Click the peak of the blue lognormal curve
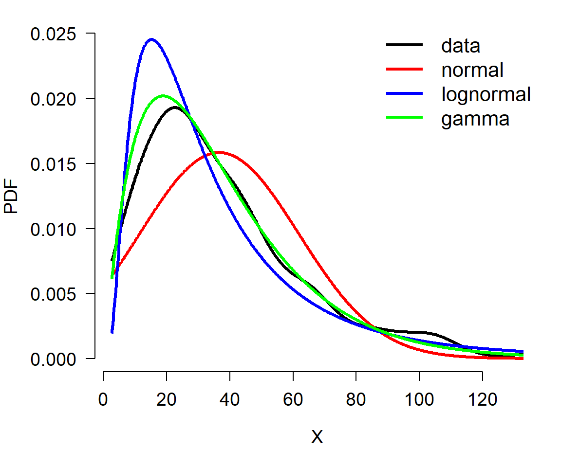[152, 39]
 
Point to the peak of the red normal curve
[220, 153]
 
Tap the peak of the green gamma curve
[164, 96]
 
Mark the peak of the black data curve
[175, 107]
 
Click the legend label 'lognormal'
[486, 95]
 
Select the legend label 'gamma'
[475, 119]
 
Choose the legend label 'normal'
[472, 70]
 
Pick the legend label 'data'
[461, 46]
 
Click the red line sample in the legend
[404, 69]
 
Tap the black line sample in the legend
[404, 45]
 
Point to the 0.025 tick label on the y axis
[53, 35]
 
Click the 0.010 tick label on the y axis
[53, 229]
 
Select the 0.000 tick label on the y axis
[53, 359]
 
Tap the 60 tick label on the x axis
[293, 399]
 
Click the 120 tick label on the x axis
[483, 399]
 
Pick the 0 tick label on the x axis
[103, 399]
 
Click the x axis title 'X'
[317, 437]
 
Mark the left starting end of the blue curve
[112, 332]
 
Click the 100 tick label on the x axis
[419, 399]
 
